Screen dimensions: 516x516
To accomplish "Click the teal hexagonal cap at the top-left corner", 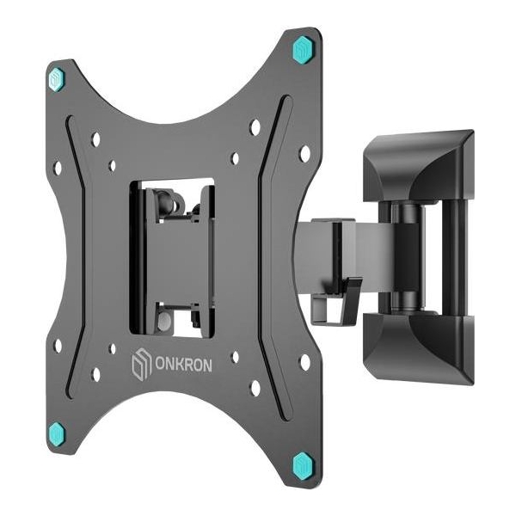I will [58, 80].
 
